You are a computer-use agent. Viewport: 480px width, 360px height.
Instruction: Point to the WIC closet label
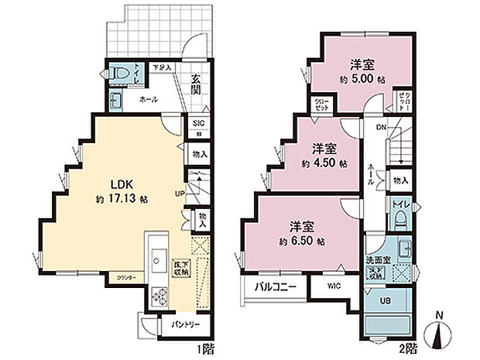point(332,286)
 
